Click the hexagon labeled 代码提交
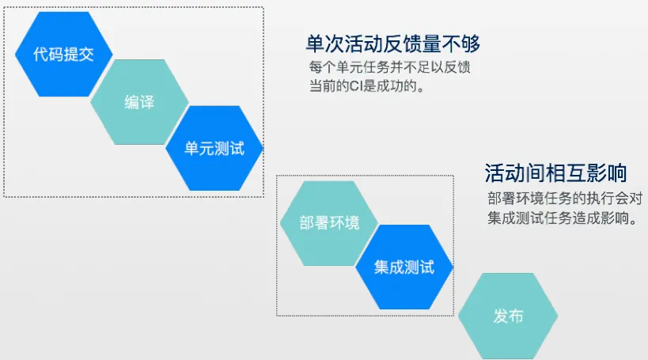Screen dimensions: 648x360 (63, 54)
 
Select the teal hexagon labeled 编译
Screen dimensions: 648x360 (139, 102)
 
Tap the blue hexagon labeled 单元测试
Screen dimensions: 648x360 (214, 148)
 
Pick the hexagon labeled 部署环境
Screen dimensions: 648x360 (329, 223)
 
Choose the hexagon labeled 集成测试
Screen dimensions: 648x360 (404, 267)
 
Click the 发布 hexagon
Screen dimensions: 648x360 (508, 316)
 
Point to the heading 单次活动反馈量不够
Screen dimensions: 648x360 (393, 44)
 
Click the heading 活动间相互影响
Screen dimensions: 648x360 (556, 172)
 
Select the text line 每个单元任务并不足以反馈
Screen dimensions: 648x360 (390, 67)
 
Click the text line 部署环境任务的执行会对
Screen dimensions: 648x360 (565, 199)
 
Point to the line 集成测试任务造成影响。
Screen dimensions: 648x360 (563, 218)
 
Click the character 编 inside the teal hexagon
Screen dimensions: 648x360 (132, 102)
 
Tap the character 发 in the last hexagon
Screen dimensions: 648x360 (501, 316)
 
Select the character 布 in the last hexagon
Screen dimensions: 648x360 (516, 316)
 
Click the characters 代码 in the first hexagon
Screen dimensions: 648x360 (48, 54)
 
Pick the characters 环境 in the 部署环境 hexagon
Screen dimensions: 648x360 (344, 223)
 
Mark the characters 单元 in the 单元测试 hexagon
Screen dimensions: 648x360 (199, 149)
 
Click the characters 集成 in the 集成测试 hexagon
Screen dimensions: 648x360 (389, 267)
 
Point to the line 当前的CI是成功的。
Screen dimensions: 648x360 (367, 86)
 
